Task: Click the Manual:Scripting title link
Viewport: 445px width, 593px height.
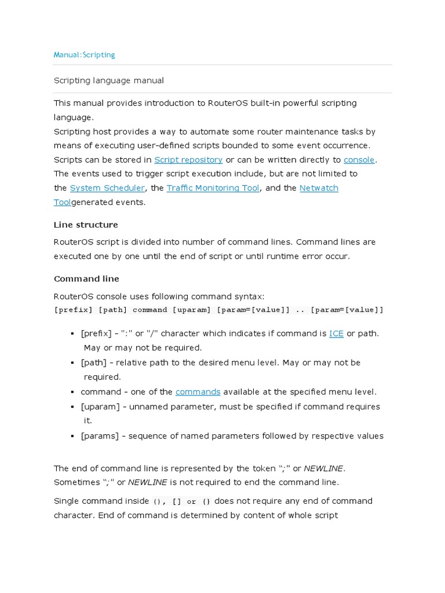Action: pos(84,55)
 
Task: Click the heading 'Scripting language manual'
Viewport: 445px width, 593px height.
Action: pos(109,80)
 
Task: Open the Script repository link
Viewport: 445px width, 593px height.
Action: pos(188,160)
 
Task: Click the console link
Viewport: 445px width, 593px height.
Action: pos(359,160)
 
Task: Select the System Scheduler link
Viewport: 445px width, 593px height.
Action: pos(107,188)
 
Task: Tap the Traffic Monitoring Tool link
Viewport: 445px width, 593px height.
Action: pos(213,188)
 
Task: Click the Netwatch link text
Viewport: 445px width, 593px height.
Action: pos(319,188)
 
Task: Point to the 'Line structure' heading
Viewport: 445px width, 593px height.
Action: pos(86,225)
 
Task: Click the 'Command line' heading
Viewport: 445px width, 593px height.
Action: pos(86,279)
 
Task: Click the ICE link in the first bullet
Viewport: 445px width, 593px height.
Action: pos(336,334)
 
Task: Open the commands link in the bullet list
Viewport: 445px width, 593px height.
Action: pos(198,392)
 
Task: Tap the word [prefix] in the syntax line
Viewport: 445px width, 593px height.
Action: pos(74,310)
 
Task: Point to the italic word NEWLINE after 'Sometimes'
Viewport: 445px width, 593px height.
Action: pos(147,482)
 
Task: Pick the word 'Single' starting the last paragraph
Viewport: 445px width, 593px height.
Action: pos(67,501)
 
